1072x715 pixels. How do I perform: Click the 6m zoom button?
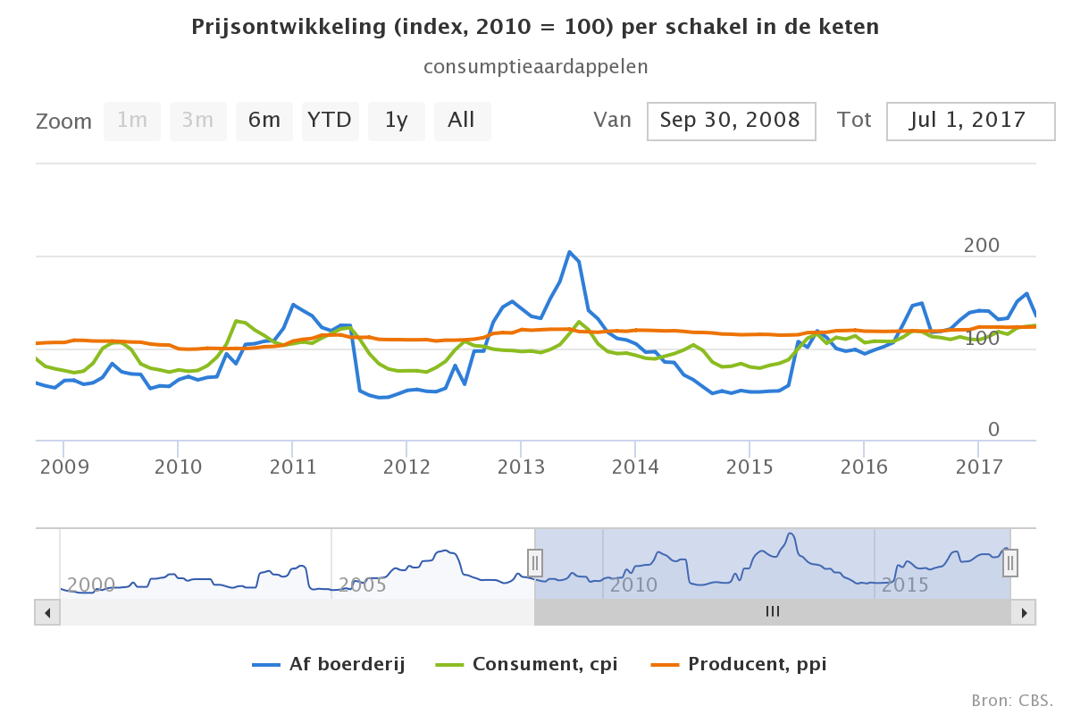(264, 121)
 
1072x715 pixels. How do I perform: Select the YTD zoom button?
(330, 121)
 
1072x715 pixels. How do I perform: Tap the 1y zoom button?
(396, 121)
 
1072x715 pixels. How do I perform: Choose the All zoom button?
(462, 121)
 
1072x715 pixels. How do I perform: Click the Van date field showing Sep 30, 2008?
(731, 121)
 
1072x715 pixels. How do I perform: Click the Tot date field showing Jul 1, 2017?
(970, 121)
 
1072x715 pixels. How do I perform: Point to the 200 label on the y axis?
(981, 246)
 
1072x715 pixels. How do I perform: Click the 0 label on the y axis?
(993, 430)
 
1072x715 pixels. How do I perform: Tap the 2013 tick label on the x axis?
(521, 467)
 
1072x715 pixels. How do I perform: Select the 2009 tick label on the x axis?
(63, 467)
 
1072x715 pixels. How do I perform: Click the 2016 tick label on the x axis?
(864, 467)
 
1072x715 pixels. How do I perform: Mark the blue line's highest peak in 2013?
(569, 252)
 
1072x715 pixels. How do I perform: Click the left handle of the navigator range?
(534, 562)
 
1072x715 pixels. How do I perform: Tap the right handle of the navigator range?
(1010, 562)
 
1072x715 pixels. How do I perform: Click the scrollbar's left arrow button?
(47, 612)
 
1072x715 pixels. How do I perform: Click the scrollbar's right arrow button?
(1024, 612)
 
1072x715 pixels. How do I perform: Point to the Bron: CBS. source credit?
(1012, 699)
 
